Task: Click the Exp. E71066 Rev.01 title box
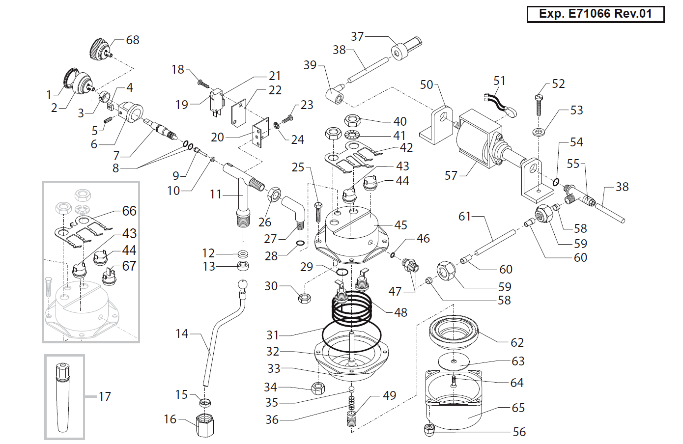point(596,14)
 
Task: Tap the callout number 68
point(133,40)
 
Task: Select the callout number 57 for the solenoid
point(451,175)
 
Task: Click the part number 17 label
point(105,396)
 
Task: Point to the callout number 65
point(518,408)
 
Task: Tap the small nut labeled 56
point(429,431)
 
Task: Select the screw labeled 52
point(539,105)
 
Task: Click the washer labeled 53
point(539,132)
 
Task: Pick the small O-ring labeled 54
point(556,182)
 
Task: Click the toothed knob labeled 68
point(101,49)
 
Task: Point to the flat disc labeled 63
point(454,361)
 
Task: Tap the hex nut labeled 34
point(318,388)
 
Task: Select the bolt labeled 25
point(318,212)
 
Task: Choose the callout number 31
point(273,335)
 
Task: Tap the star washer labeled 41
point(352,135)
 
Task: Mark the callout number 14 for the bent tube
point(182,333)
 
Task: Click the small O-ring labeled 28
point(300,243)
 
